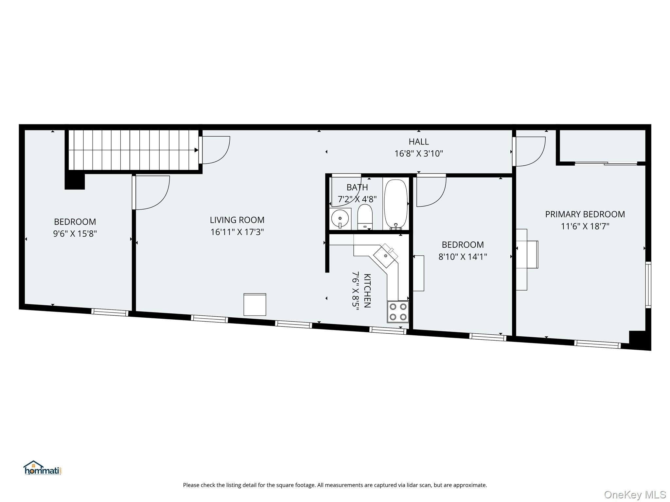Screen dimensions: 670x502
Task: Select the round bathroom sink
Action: [x=340, y=218]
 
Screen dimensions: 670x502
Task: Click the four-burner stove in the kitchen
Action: [x=398, y=311]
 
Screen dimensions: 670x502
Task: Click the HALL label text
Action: [x=419, y=142]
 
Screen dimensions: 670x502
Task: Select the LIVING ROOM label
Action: [x=237, y=220]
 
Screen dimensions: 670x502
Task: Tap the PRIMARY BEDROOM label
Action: [x=585, y=214]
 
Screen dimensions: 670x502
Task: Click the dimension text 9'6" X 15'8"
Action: [x=75, y=234]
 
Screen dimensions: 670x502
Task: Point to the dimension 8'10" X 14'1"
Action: [x=463, y=257]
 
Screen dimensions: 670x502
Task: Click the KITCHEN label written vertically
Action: [x=367, y=291]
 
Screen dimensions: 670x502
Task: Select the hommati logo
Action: [x=43, y=468]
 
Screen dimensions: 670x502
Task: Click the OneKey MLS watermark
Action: [x=635, y=494]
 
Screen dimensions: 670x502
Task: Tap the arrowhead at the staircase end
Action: [x=197, y=150]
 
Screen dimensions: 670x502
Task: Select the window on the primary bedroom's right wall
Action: [x=648, y=285]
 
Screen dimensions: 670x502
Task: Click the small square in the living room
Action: [x=255, y=305]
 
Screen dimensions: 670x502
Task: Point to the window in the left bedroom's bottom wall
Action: [x=110, y=312]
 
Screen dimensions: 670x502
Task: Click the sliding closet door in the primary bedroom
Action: [x=606, y=163]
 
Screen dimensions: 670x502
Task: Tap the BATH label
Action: [x=357, y=187]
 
